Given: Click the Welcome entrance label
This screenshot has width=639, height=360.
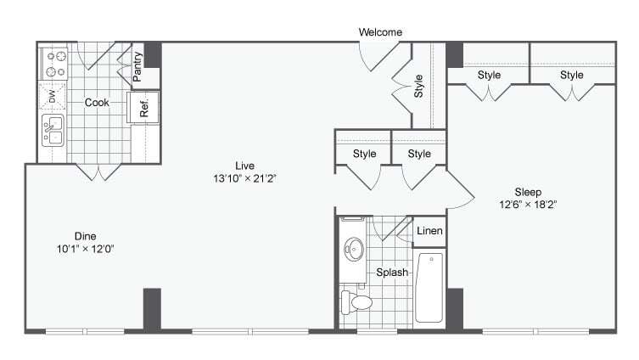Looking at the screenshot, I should (x=379, y=32).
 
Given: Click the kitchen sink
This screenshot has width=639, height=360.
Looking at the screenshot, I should (x=53, y=132).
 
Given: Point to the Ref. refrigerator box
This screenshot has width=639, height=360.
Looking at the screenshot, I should (x=144, y=107).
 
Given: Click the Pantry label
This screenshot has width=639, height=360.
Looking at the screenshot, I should (x=138, y=67).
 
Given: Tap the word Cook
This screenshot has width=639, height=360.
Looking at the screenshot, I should (x=97, y=103).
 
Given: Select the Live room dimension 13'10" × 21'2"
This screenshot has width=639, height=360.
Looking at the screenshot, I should (x=245, y=179).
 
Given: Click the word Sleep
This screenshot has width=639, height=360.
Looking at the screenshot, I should (x=527, y=192).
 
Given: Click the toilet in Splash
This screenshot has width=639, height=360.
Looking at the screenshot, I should (x=356, y=301).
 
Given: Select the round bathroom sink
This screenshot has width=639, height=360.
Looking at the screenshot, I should (x=354, y=250).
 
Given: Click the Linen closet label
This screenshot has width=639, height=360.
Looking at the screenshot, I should (x=429, y=231).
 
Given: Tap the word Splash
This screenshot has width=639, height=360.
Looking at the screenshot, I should (x=393, y=273).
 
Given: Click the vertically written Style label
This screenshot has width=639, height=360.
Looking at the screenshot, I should (x=418, y=87).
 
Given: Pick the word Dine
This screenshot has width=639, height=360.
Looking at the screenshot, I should (x=85, y=236).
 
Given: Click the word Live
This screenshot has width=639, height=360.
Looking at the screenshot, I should (x=245, y=166).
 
